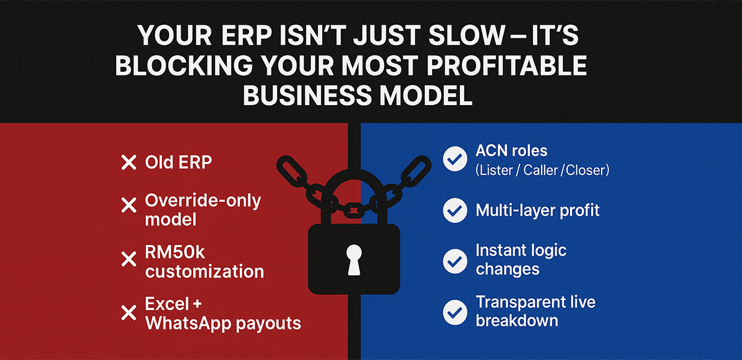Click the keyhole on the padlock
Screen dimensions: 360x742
[354, 258]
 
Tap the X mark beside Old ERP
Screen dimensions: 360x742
[128, 163]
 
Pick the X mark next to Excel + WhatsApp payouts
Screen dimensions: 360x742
[128, 312]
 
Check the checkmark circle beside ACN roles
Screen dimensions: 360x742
[455, 160]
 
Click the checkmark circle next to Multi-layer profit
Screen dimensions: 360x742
[455, 211]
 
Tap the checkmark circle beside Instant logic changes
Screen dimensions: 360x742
[455, 261]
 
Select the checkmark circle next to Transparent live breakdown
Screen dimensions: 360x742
[455, 312]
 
